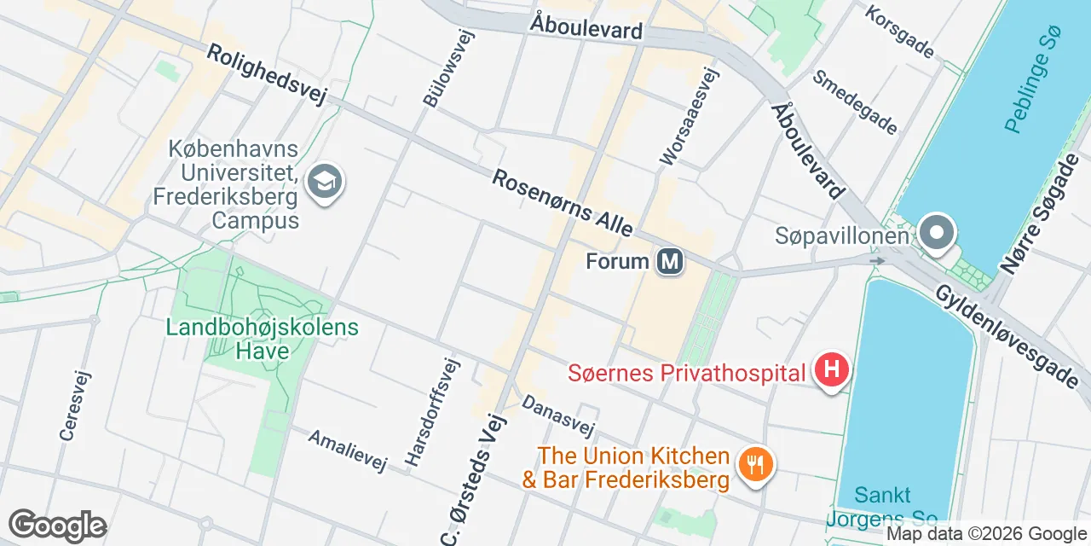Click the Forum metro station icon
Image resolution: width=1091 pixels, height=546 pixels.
pos(671,261)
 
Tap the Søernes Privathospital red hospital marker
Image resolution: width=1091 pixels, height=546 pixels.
pos(832,371)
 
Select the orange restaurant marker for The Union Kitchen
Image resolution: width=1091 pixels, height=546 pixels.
pos(754,466)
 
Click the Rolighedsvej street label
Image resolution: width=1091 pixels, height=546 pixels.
pos(267,76)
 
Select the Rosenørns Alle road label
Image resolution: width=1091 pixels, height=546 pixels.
pos(563,203)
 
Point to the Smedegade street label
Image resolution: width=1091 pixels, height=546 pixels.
pos(855,102)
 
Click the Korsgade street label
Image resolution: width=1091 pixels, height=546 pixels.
pos(899,32)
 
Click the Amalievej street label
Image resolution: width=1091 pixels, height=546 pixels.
pos(348,450)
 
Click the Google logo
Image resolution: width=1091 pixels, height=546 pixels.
pos(57,526)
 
